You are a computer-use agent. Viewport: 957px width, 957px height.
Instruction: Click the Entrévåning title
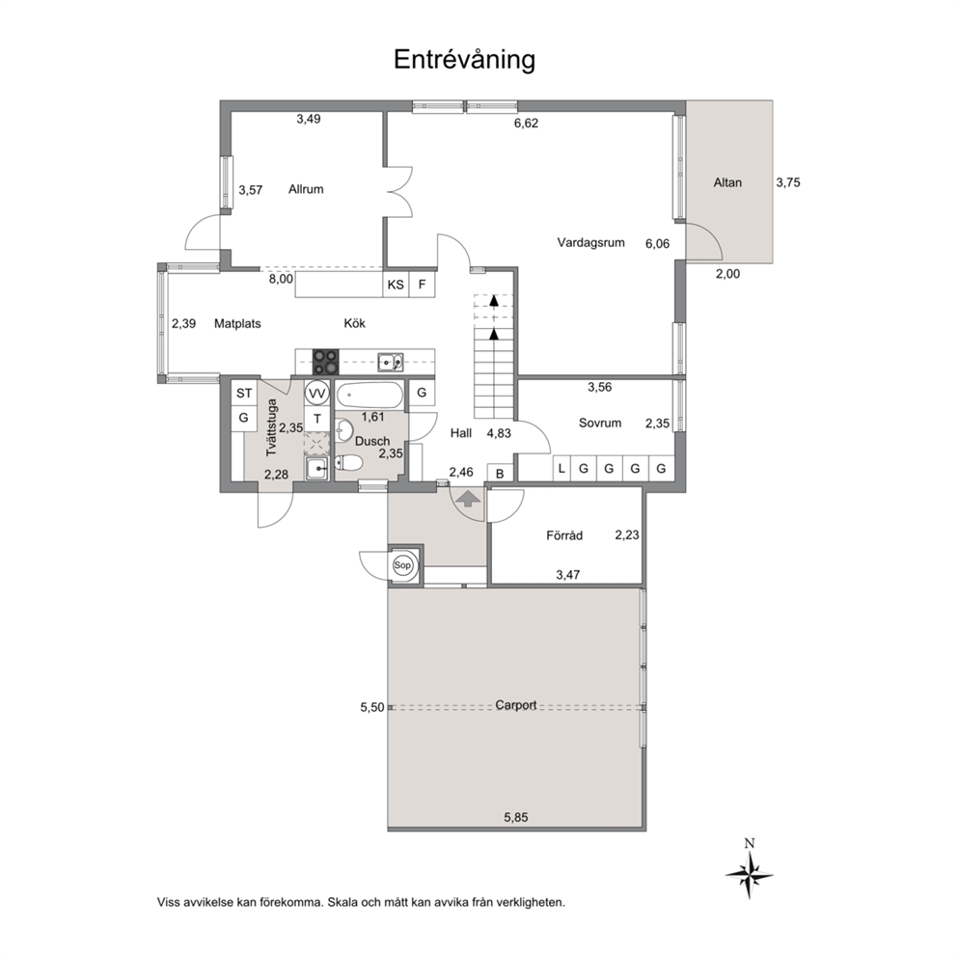pos(464,60)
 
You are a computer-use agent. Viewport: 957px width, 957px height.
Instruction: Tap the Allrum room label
pos(306,189)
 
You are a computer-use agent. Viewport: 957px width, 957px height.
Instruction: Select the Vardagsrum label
pos(590,242)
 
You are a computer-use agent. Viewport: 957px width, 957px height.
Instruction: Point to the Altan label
pos(727,182)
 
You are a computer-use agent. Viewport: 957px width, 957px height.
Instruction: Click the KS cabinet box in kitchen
pos(396,285)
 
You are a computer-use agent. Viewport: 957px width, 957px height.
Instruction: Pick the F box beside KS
pos(422,285)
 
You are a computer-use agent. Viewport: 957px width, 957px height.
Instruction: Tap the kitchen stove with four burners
pos(326,362)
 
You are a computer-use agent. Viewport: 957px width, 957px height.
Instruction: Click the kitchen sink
pos(390,362)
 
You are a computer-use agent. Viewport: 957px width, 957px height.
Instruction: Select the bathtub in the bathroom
pos(369,396)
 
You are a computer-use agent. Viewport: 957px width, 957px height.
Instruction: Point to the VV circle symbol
pos(316,394)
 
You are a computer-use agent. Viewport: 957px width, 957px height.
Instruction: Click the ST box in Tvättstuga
pos(244,393)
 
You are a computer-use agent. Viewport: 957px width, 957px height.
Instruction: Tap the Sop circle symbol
pos(402,565)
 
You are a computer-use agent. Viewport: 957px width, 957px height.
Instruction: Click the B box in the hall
pos(500,474)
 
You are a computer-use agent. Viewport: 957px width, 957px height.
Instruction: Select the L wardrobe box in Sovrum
pos(561,468)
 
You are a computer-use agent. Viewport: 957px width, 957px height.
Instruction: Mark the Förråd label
pos(564,535)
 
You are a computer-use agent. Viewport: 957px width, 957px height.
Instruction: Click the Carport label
pos(516,705)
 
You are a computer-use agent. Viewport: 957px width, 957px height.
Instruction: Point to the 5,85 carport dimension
pos(516,817)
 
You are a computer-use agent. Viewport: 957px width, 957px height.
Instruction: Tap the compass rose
pos(750,874)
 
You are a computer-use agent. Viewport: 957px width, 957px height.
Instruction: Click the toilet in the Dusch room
pos(348,463)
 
